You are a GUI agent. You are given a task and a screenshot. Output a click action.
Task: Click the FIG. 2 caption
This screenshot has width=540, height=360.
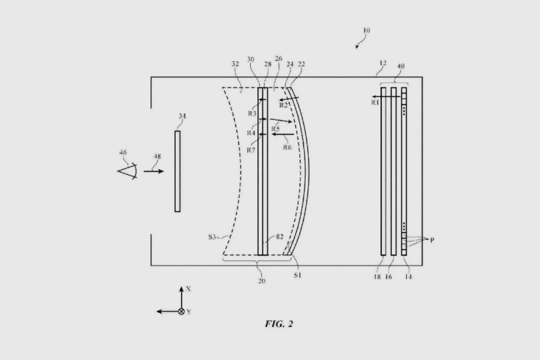point(278,324)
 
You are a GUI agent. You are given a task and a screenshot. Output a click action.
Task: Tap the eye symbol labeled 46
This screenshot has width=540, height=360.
point(128,171)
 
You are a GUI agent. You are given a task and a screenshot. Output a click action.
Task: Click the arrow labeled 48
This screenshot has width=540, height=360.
point(154,171)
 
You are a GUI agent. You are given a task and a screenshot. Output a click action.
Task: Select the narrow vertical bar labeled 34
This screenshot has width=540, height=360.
point(178,171)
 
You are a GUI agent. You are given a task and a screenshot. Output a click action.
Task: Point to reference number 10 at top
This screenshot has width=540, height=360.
point(366,30)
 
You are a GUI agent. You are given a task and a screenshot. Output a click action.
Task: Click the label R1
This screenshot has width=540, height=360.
point(375,102)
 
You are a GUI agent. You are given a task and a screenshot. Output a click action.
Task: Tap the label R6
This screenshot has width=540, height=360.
point(287,147)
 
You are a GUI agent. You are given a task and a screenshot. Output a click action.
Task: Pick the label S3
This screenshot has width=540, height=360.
point(212,237)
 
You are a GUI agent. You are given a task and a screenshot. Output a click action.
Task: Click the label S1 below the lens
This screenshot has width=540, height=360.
point(297,275)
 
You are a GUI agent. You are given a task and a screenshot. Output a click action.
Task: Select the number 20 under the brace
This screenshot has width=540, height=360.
point(262,281)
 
